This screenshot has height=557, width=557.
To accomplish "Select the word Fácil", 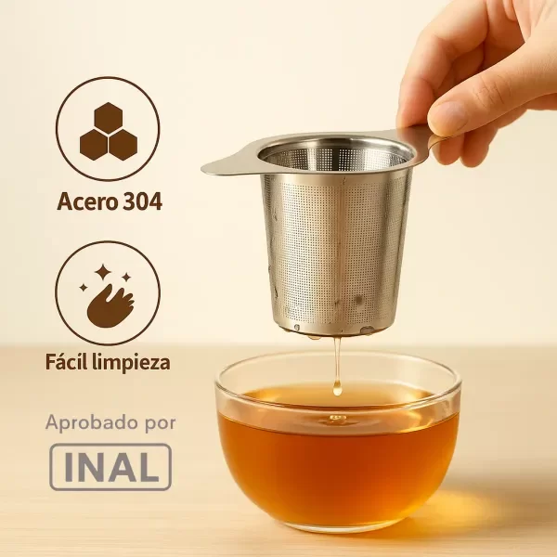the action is click(x=65, y=362).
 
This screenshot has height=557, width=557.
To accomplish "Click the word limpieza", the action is click(x=130, y=363).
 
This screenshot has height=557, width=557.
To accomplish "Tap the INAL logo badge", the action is click(x=110, y=467).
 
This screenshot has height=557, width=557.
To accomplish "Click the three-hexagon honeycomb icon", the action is click(x=109, y=132).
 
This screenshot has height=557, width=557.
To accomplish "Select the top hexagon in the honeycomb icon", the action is click(x=109, y=118).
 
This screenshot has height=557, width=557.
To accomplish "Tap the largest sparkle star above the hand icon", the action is click(x=103, y=272).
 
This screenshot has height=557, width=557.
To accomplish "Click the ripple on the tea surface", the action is click(x=338, y=420).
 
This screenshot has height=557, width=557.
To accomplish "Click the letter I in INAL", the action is click(x=69, y=467).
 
